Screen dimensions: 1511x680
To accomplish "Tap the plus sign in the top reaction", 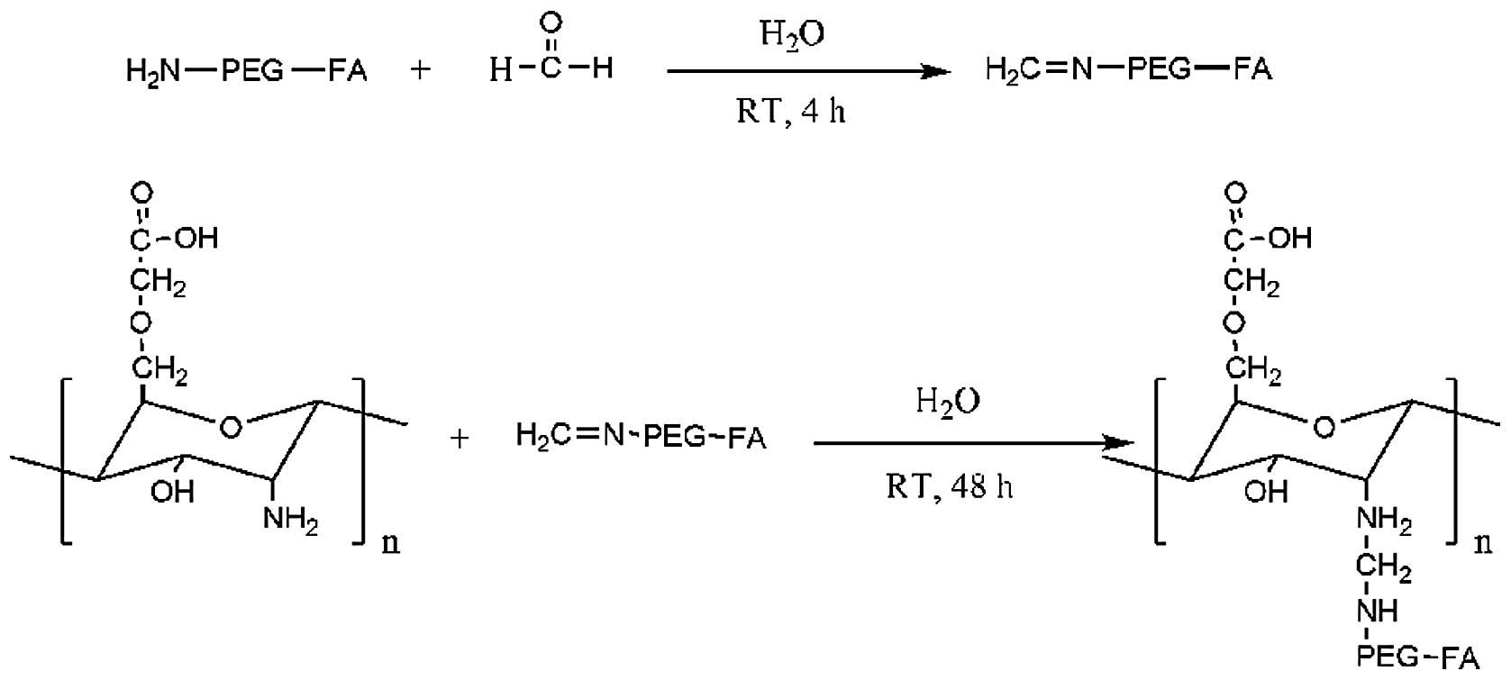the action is pos(420,70).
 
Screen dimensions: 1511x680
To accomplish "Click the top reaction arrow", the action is pos(808,71).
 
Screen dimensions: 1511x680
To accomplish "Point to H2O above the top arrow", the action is pos(792,34).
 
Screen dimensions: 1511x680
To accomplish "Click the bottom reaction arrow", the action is pos(973,442).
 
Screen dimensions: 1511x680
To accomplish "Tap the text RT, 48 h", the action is pos(949,487).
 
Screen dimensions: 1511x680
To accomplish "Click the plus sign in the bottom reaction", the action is pos(460,439).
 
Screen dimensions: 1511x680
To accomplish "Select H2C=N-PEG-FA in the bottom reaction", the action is pos(641,438).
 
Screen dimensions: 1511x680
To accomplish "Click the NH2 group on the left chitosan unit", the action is pos(290,519).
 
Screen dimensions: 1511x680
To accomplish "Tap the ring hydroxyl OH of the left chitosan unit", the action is pos(172,492).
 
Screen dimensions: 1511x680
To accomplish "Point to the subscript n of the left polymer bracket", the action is pos(391,542).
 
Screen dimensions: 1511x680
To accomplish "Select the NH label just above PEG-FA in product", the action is pos(1378,612).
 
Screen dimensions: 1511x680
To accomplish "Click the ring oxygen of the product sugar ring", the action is pos(1324,427).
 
